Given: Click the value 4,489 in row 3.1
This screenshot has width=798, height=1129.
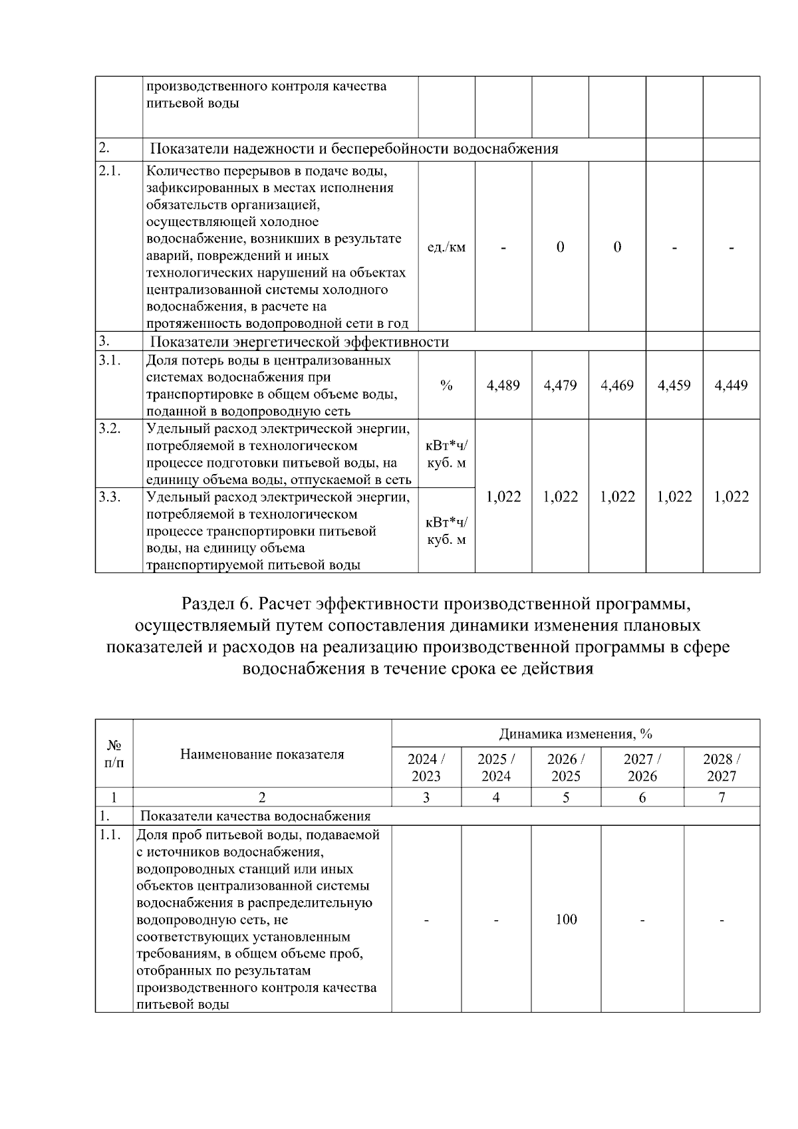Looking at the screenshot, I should click(x=503, y=385).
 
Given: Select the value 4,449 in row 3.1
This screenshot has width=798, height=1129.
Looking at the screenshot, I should click(x=731, y=385).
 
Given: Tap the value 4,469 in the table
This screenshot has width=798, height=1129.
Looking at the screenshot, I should click(x=616, y=385).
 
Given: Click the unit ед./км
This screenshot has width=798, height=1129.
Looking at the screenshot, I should click(x=446, y=247).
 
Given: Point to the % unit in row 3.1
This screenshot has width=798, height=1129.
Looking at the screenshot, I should click(x=446, y=386).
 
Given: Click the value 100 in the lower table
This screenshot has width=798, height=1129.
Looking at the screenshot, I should click(x=566, y=920).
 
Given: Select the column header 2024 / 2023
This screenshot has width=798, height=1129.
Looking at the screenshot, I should click(x=426, y=767).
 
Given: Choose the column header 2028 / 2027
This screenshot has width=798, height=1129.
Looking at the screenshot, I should click(x=722, y=767).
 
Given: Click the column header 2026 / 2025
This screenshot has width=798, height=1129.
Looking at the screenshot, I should click(x=566, y=767).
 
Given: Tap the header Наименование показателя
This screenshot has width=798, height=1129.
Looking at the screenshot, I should click(x=262, y=754).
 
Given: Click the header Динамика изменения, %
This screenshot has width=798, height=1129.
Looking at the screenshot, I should click(x=575, y=734).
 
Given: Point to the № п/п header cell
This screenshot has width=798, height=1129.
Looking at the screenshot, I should click(x=114, y=754).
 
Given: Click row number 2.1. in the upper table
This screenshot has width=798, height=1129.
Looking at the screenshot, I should click(x=109, y=171).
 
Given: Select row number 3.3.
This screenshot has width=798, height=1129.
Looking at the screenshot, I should click(x=109, y=497).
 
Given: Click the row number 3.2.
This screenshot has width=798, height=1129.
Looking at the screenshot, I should click(x=109, y=428).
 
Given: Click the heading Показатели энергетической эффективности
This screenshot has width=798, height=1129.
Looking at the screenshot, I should click(x=299, y=342).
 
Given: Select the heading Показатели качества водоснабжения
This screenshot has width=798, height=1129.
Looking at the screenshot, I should click(x=255, y=816).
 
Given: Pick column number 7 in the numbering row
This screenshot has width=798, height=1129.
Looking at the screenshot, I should click(x=722, y=797).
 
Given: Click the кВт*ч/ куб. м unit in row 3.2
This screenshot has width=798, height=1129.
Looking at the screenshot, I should click(x=446, y=453).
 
